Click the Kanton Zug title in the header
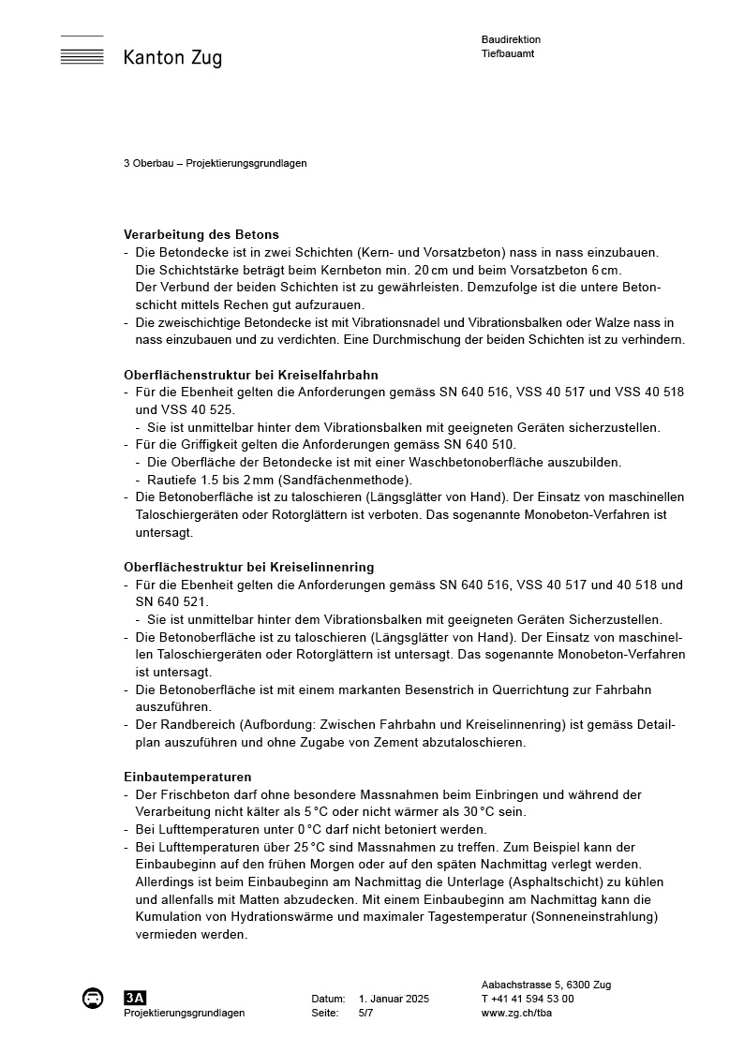pyautogui.click(x=172, y=58)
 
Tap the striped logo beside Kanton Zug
pyautogui.click(x=82, y=51)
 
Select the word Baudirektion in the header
pyautogui.click(x=511, y=40)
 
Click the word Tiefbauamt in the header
pyautogui.click(x=508, y=53)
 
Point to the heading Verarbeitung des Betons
pyautogui.click(x=201, y=234)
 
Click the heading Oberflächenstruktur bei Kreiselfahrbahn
pyautogui.click(x=251, y=375)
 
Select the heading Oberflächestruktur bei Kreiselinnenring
pyautogui.click(x=248, y=567)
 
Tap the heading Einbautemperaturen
pyautogui.click(x=187, y=777)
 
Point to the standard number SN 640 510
pyautogui.click(x=477, y=444)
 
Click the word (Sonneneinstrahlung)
pyautogui.click(x=594, y=916)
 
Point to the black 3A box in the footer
pyautogui.click(x=135, y=998)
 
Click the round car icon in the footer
pyautogui.click(x=93, y=998)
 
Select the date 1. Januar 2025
pyautogui.click(x=394, y=999)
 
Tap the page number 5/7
pyautogui.click(x=365, y=1013)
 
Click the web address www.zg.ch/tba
pyautogui.click(x=516, y=1013)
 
